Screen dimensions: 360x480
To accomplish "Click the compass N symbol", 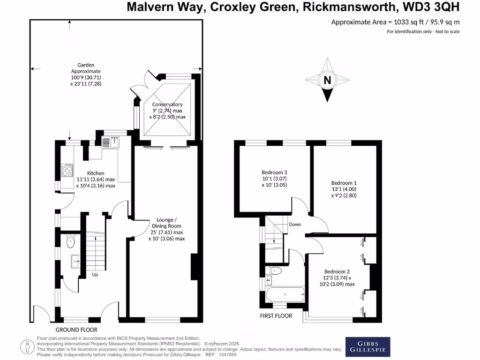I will point(327,81).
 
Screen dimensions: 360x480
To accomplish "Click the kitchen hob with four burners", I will point(68,170).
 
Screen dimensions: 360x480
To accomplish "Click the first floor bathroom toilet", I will point(276,270).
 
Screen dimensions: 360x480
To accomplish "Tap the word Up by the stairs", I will point(95,275).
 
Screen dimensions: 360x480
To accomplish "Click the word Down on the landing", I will point(295,225).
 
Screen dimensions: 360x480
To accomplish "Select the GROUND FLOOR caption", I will point(76,329).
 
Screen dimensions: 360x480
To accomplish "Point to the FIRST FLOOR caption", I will point(276,316).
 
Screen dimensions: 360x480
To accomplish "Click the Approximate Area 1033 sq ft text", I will point(395,22).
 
